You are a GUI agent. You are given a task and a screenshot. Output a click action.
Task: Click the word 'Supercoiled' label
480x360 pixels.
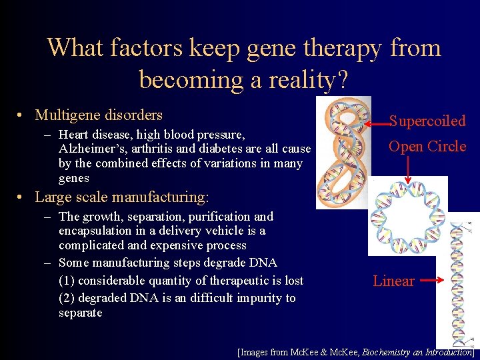click(x=427, y=121)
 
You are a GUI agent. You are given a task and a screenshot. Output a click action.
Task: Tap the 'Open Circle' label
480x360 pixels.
click(x=427, y=146)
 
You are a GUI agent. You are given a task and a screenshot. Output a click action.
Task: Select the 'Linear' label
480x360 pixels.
click(x=393, y=281)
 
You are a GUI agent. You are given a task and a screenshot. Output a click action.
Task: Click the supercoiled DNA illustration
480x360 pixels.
click(x=343, y=153)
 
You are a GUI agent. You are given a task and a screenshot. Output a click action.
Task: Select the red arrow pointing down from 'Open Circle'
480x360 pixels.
click(x=407, y=170)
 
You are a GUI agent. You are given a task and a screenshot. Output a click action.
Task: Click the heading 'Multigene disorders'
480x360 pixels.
click(x=99, y=115)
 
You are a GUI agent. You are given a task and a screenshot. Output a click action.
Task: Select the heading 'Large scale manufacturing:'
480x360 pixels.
click(x=121, y=197)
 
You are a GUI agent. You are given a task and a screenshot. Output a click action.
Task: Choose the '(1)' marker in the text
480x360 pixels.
click(x=67, y=281)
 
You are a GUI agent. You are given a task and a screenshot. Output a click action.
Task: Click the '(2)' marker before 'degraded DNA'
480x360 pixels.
click(x=67, y=297)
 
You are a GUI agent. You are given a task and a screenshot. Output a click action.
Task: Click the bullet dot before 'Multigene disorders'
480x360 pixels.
click(x=23, y=116)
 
